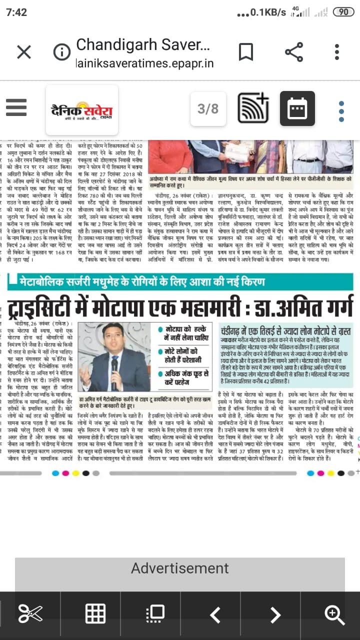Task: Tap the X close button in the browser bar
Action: click(x=23, y=52)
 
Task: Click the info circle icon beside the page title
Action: click(x=61, y=52)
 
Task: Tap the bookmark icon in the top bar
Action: click(x=245, y=52)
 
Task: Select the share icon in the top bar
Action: click(x=293, y=52)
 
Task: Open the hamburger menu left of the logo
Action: click(x=16, y=107)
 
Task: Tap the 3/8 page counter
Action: click(x=208, y=108)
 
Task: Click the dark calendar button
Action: click(x=297, y=108)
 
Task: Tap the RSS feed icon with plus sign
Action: click(x=252, y=108)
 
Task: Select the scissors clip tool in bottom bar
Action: click(x=30, y=613)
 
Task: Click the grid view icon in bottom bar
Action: click(x=95, y=613)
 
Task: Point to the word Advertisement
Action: click(x=180, y=568)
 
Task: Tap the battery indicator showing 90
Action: click(x=343, y=12)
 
